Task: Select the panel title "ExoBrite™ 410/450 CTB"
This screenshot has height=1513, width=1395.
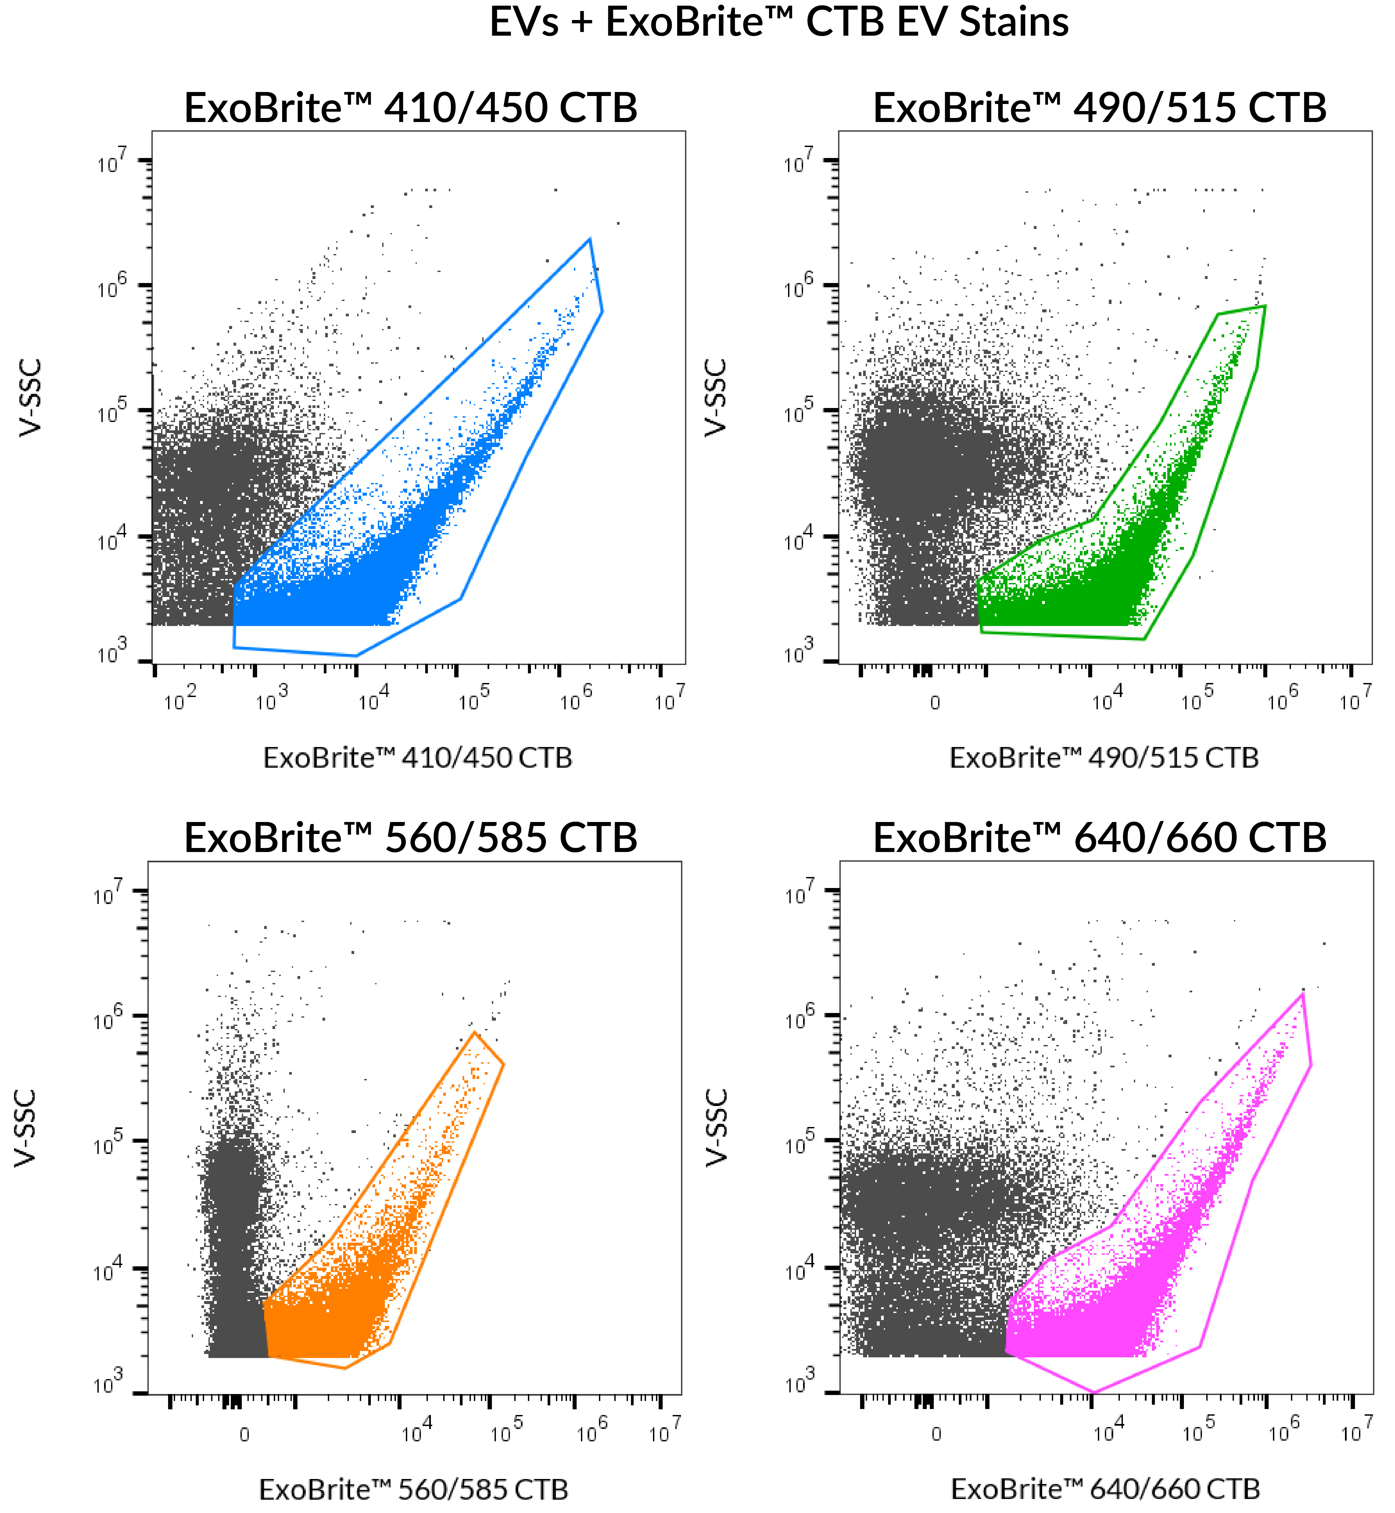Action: click(x=411, y=108)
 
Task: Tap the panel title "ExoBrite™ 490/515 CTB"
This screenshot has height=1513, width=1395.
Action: click(x=1099, y=108)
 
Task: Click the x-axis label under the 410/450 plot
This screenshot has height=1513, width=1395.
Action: click(x=418, y=758)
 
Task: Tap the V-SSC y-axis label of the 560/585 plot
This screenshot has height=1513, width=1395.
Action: click(x=26, y=1128)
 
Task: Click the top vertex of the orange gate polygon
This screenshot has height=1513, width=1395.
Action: click(x=474, y=1032)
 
